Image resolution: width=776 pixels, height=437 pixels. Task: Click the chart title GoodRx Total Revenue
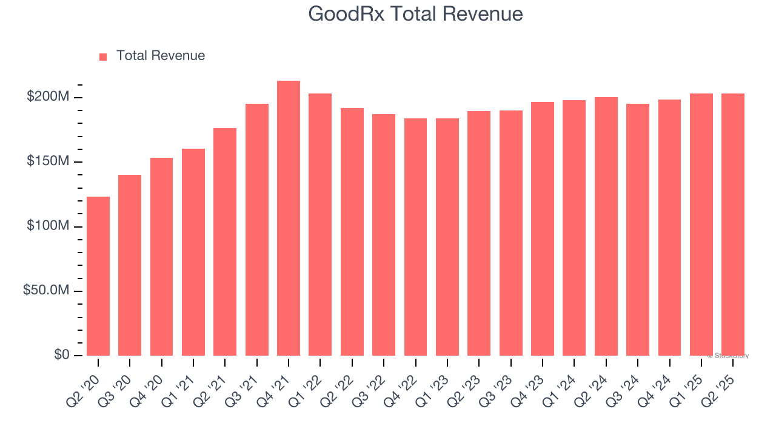click(415, 14)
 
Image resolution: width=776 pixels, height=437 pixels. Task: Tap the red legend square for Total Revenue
click(103, 56)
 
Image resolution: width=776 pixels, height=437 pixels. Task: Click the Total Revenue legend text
click(161, 56)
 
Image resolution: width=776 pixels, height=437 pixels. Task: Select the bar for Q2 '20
click(98, 276)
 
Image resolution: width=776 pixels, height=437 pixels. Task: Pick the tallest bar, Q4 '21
click(289, 218)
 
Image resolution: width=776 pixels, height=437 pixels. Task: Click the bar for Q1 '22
click(320, 225)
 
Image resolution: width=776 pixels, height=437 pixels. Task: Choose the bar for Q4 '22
click(415, 237)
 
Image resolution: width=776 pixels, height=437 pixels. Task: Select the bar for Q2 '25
click(733, 225)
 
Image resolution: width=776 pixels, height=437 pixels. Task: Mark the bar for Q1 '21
click(193, 252)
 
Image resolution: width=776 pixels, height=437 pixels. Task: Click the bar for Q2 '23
click(479, 233)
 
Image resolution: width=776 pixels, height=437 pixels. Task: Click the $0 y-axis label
click(61, 355)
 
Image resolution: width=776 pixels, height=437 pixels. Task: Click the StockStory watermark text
click(728, 356)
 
